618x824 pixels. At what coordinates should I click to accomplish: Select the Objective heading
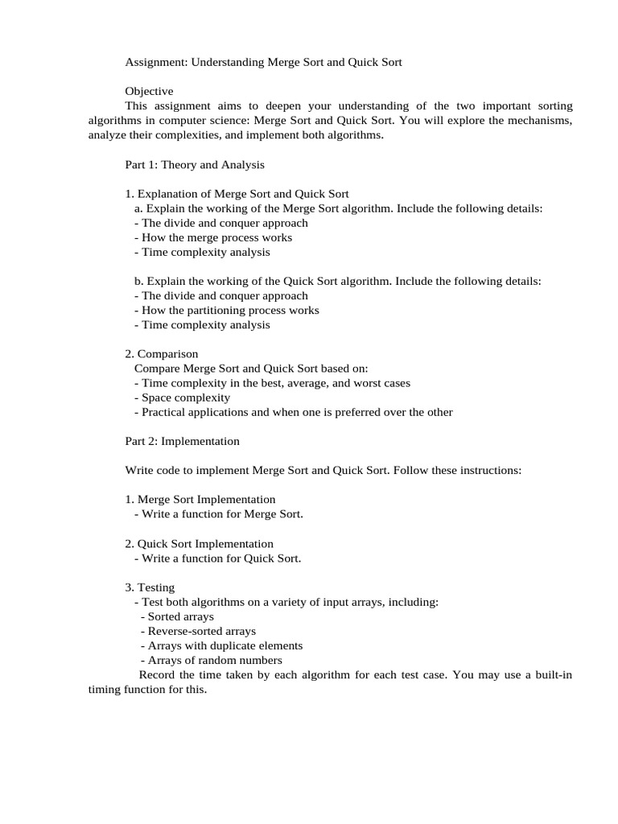pyautogui.click(x=149, y=91)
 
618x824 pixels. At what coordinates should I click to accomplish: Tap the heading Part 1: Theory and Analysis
pyautogui.click(x=195, y=164)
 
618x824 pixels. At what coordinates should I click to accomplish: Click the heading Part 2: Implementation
pyautogui.click(x=182, y=441)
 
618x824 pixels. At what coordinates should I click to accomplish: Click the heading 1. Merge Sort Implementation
pyautogui.click(x=200, y=499)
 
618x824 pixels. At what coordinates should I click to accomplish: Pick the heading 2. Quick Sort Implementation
pyautogui.click(x=200, y=543)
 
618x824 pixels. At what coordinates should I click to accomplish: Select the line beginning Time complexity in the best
pyautogui.click(x=272, y=383)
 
